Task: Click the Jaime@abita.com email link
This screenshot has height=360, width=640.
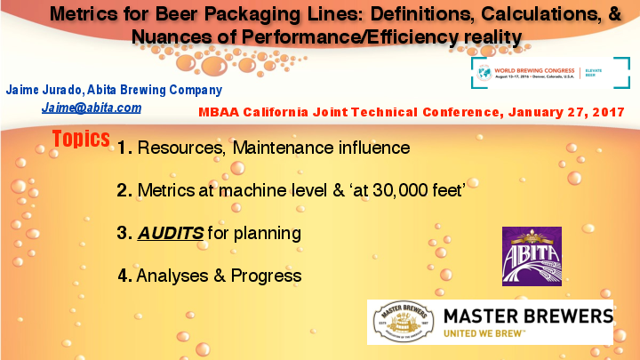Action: tap(91, 108)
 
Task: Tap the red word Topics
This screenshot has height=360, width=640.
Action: tap(81, 140)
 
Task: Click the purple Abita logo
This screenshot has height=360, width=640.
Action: tap(532, 256)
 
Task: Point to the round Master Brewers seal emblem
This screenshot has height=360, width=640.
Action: tap(404, 322)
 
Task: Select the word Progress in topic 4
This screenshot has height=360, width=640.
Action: tap(266, 276)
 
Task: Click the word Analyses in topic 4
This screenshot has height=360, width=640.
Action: tap(174, 276)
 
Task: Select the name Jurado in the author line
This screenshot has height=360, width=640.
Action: tap(66, 90)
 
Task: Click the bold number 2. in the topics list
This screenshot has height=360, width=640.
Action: tap(124, 190)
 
